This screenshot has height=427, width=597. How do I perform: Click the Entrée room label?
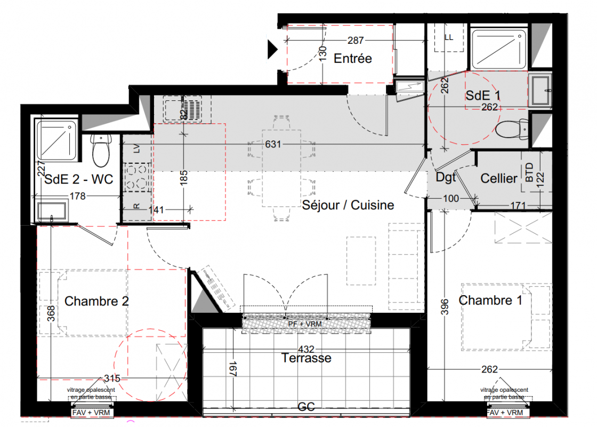[352, 58]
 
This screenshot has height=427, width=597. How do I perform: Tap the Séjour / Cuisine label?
[348, 205]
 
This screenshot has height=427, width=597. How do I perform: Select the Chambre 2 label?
[96, 301]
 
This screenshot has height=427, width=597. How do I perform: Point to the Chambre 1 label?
[490, 300]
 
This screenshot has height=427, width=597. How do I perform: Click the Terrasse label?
[306, 358]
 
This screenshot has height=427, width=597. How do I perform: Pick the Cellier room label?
[499, 178]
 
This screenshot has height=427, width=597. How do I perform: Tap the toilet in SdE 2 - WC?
[101, 150]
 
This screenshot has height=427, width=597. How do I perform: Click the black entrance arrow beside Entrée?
[272, 49]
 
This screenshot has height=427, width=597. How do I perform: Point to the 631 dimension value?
[273, 144]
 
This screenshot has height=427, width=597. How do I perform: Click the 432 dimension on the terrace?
[306, 349]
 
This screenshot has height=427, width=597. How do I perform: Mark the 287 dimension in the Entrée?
[356, 41]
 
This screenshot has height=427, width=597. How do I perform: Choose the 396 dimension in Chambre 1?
[445, 307]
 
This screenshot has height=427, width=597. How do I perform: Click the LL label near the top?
[449, 37]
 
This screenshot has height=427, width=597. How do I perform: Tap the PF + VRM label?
[305, 324]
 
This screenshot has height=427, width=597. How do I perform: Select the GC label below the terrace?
[306, 407]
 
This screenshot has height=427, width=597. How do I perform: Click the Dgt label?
[446, 177]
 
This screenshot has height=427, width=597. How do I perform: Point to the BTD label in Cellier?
[529, 172]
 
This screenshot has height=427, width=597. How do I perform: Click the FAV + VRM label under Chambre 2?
[91, 413]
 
